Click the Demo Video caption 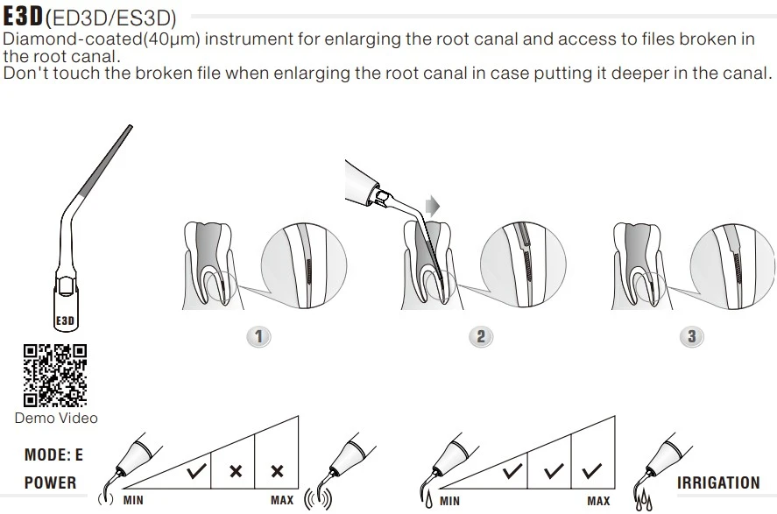pos(56,419)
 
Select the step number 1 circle pos(258,337)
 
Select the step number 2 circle pos(480,337)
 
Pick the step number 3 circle pos(692,337)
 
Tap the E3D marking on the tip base pos(64,321)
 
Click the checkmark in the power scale pos(196,471)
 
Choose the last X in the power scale pos(278,471)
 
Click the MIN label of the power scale pos(133,501)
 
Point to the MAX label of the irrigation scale pos(598,501)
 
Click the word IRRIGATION pos(718,482)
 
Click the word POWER pos(50,482)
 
